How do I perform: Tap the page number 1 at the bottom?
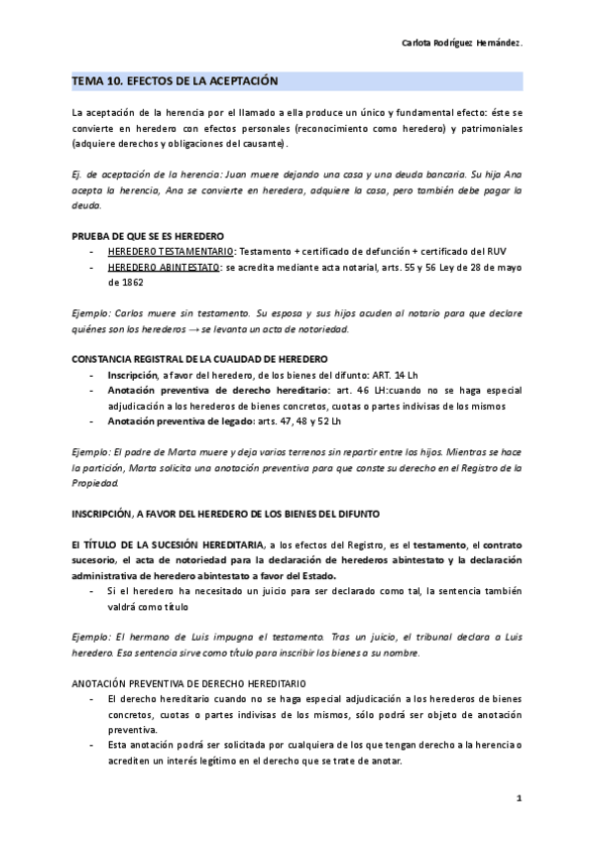(x=519, y=798)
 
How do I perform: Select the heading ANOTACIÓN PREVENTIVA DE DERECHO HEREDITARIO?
(x=189, y=684)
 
